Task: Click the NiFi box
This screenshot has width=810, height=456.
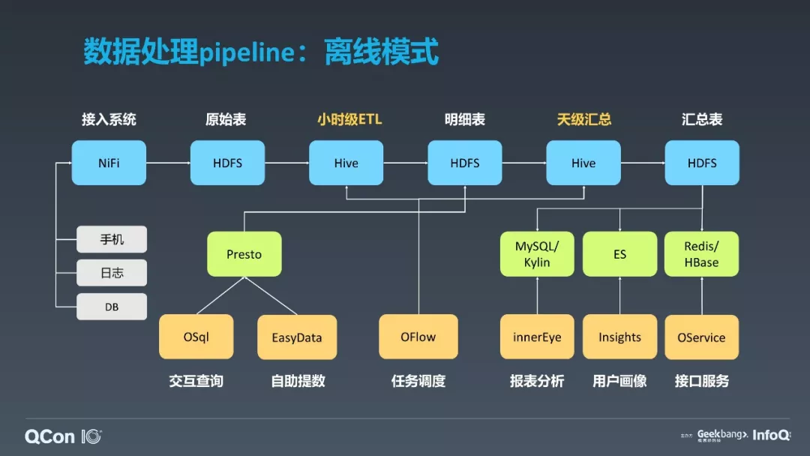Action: [109, 163]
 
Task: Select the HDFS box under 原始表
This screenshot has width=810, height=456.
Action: [227, 163]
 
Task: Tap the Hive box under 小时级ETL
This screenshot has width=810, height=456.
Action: [346, 163]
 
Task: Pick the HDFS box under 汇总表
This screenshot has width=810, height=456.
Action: [702, 163]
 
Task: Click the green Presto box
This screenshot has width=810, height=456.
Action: [244, 254]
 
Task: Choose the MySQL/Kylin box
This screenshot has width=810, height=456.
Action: [537, 254]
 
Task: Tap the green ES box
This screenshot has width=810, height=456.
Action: [619, 254]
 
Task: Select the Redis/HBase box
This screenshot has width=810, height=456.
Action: [701, 254]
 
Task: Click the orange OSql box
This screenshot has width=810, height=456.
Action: [196, 337]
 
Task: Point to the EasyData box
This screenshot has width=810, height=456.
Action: [297, 337]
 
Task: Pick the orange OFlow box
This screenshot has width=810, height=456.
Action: [418, 337]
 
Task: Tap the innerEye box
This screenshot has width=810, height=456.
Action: [537, 337]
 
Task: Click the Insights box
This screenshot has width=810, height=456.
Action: [619, 337]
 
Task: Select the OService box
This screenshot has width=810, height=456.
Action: [701, 337]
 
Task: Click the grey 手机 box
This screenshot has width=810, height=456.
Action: [112, 239]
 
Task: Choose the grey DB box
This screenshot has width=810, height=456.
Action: [112, 306]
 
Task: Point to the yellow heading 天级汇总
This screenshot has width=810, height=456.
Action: [583, 119]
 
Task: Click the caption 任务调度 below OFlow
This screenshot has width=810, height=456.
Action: [418, 381]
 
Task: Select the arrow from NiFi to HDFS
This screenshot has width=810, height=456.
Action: [168, 163]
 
